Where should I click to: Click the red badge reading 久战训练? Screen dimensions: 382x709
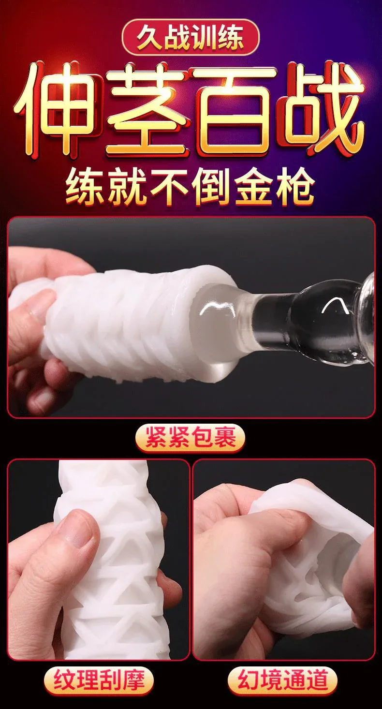191,37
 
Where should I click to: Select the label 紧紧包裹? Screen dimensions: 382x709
191,438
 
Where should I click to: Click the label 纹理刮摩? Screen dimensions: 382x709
99,680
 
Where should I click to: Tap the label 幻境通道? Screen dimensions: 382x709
282,680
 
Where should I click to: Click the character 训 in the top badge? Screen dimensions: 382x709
204,37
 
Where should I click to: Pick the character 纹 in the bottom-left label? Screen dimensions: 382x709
65,680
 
